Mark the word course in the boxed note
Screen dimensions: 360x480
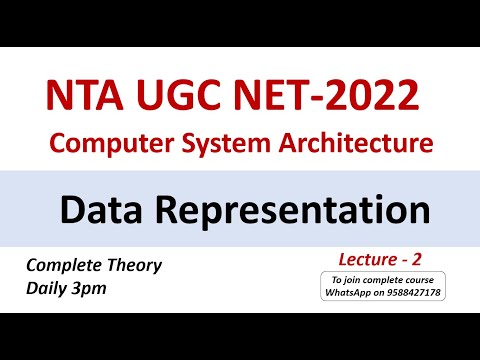423,279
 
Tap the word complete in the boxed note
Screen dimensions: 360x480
386,279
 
